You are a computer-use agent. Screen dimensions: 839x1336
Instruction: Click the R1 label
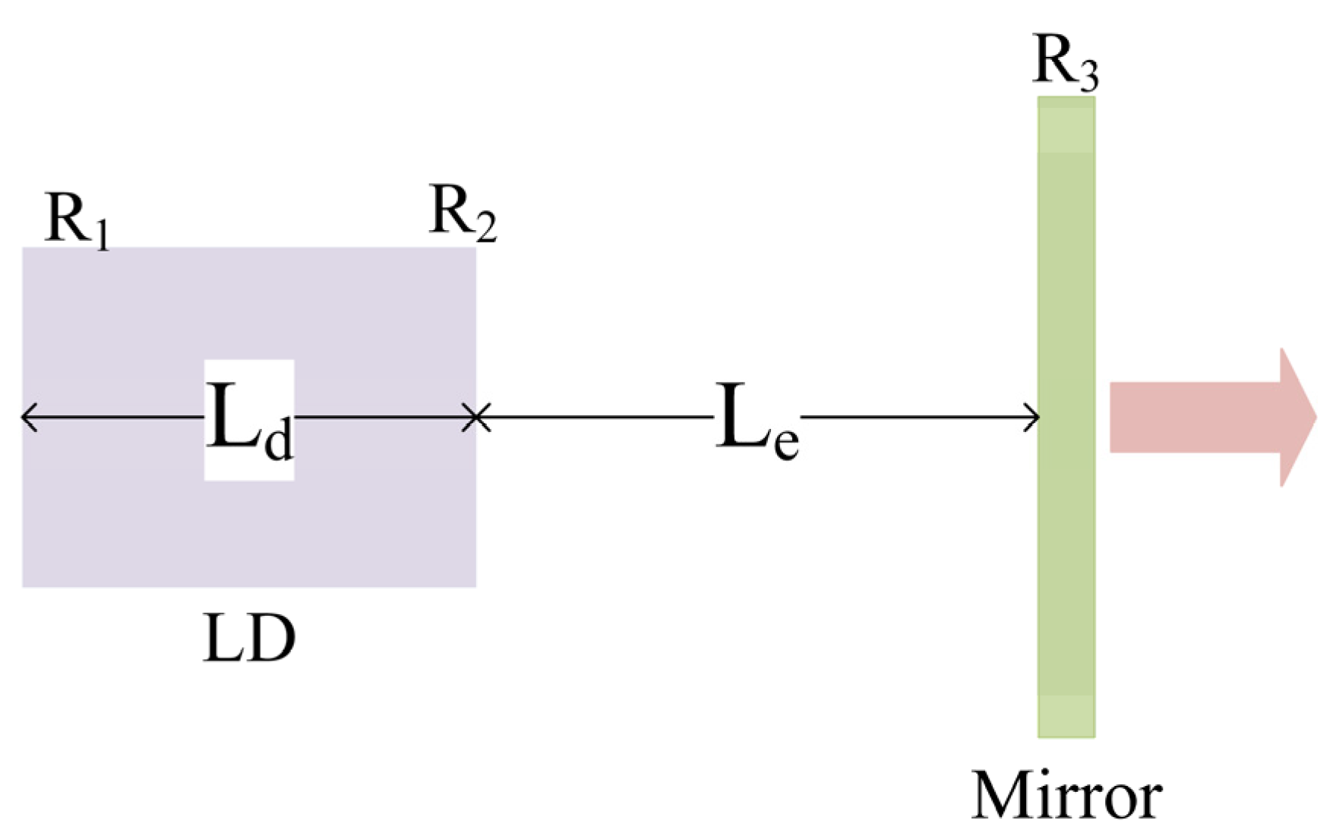[x=76, y=219]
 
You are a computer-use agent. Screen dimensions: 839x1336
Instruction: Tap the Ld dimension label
[x=249, y=420]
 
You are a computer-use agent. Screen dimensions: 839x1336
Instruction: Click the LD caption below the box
[x=249, y=639]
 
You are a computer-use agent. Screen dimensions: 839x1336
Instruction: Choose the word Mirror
[x=1066, y=795]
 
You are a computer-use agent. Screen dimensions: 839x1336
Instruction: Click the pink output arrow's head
[x=1297, y=417]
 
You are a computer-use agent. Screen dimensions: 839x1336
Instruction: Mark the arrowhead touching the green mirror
[x=1033, y=417]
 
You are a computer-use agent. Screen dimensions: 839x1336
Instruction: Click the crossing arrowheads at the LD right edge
[x=476, y=417]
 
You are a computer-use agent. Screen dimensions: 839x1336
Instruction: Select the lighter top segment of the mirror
[x=1066, y=125]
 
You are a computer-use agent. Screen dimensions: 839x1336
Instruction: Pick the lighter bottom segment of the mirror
[x=1066, y=715]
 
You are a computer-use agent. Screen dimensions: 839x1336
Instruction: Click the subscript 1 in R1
[x=103, y=234]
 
